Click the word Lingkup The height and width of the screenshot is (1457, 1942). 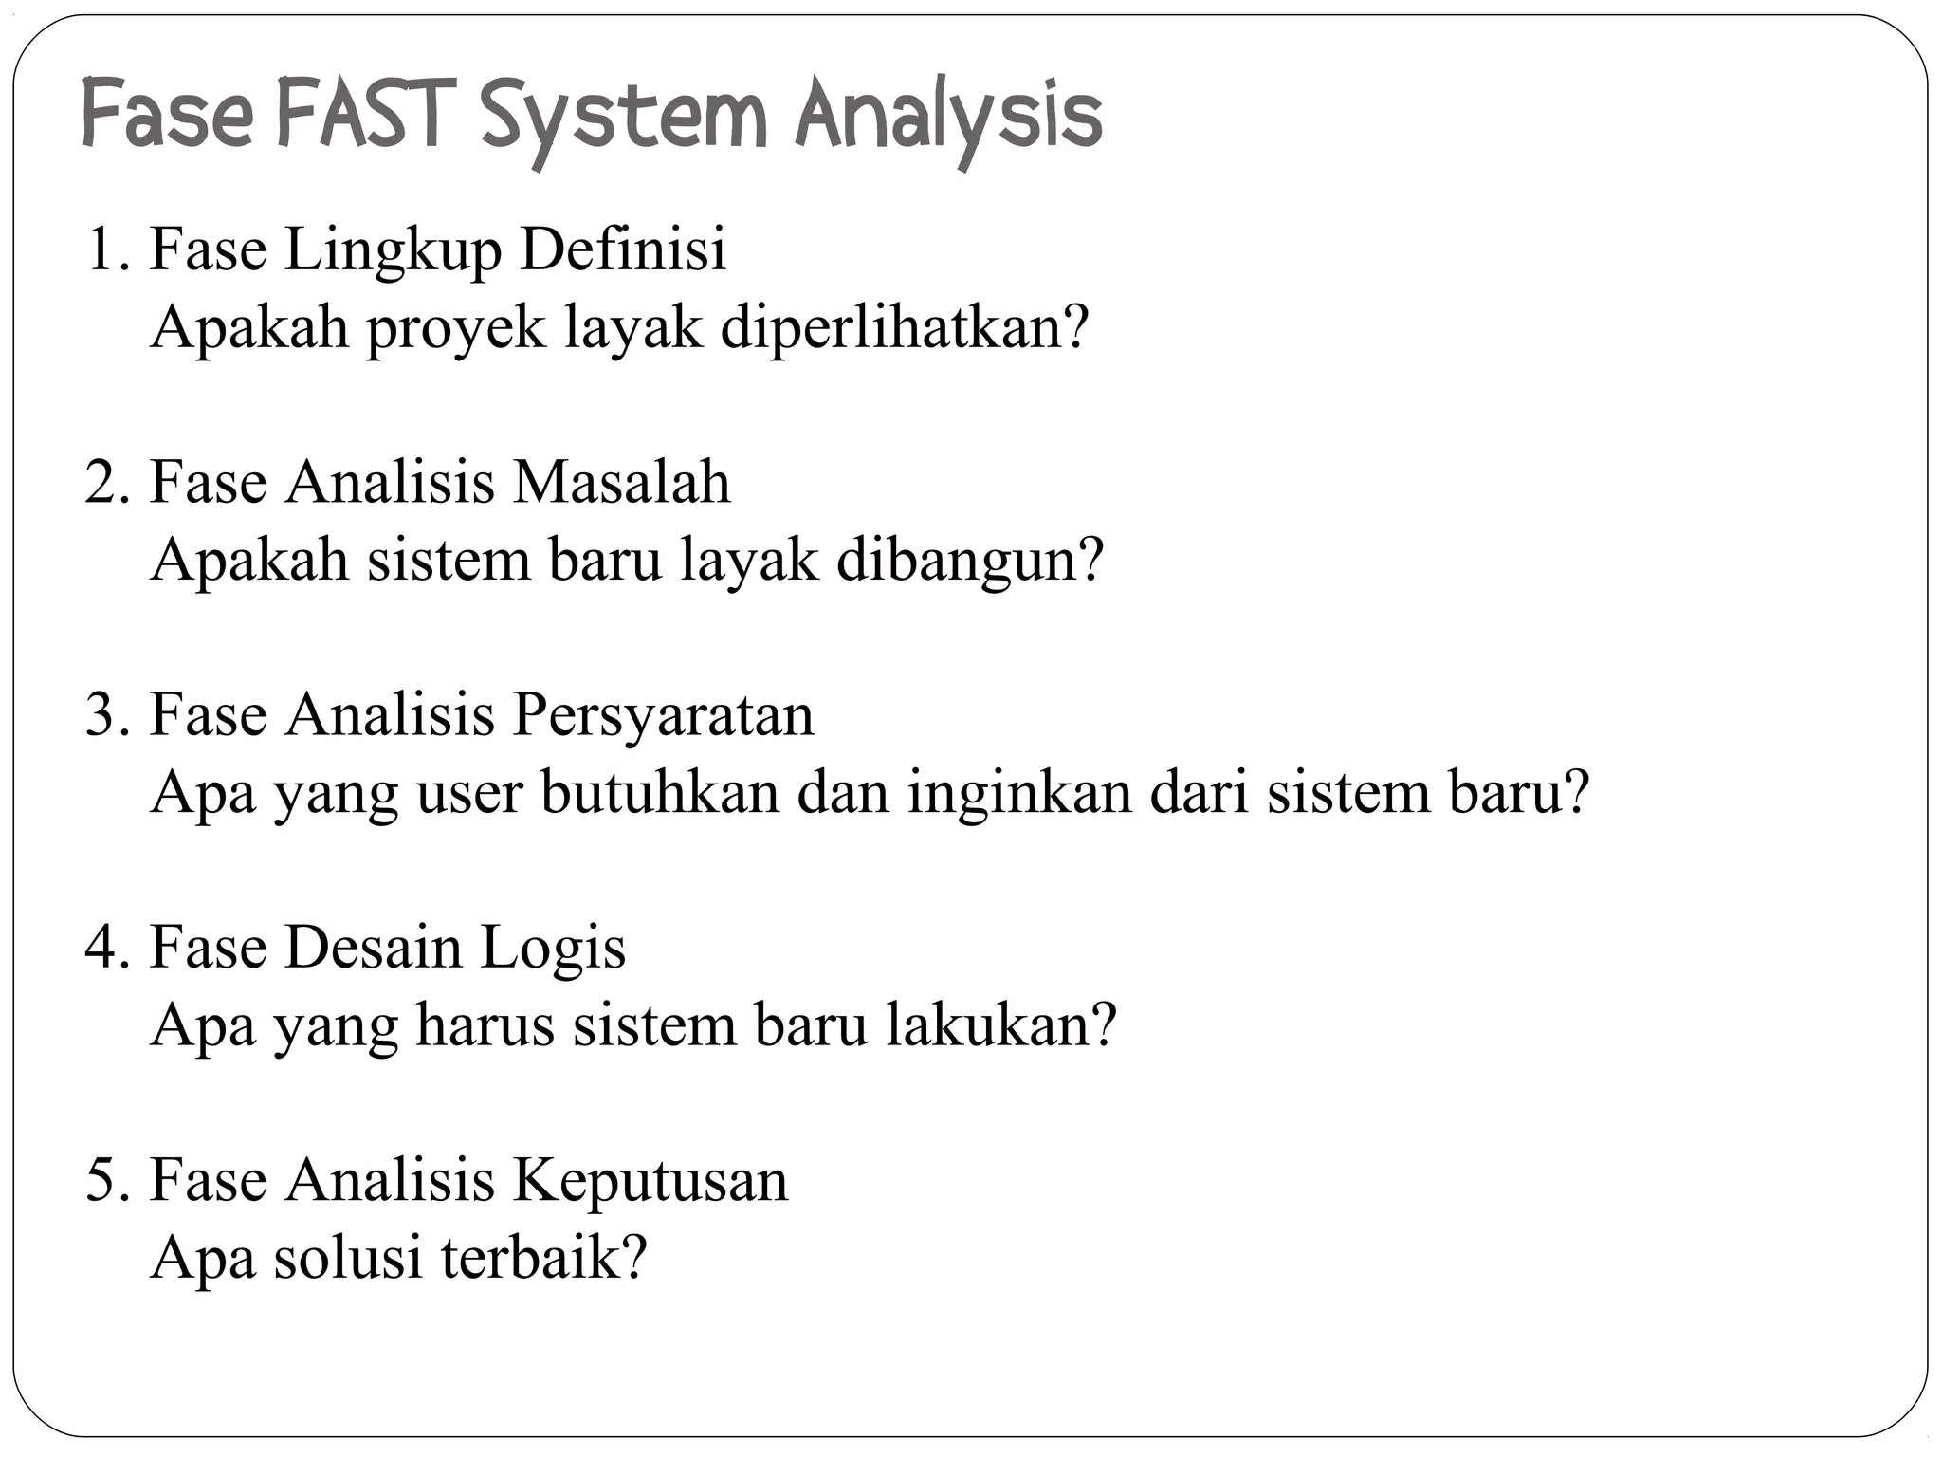pyautogui.click(x=393, y=252)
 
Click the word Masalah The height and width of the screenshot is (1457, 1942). pyautogui.click(x=622, y=482)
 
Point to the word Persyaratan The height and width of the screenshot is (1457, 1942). pyautogui.click(x=664, y=717)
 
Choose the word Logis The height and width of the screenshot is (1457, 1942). pyautogui.click(x=553, y=950)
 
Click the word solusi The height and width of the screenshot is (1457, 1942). pyautogui.click(x=348, y=1259)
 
